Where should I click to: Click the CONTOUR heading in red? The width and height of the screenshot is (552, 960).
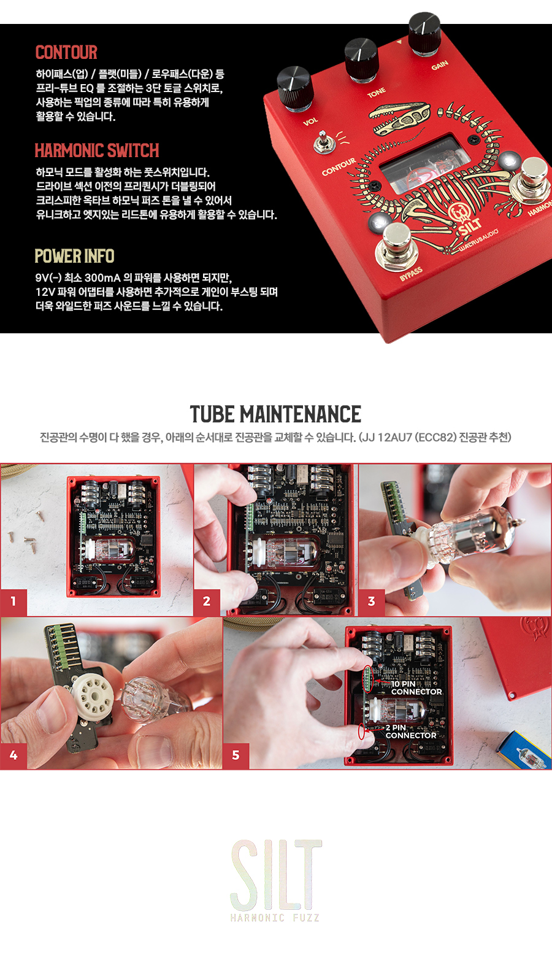point(66,52)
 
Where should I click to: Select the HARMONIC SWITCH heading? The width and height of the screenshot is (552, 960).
point(97,150)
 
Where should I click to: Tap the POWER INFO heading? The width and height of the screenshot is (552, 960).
point(74,256)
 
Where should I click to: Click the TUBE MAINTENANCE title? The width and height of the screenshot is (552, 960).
point(276,414)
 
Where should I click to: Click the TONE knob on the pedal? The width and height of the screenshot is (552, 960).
point(361,60)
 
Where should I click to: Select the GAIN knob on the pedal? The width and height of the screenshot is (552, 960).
point(424,33)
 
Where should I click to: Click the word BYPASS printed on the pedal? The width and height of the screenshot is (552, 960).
point(411,274)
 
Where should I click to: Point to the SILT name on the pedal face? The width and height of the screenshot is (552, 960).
point(470,226)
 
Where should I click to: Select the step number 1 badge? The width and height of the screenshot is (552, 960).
point(13,602)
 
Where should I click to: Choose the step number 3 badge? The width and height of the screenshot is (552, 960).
point(372,602)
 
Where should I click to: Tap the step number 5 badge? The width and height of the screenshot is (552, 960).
point(236,755)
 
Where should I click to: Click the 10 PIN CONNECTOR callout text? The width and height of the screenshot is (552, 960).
point(416,688)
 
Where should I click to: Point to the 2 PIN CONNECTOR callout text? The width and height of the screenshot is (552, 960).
point(411,732)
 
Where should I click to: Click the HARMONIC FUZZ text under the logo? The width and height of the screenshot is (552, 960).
point(275,918)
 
